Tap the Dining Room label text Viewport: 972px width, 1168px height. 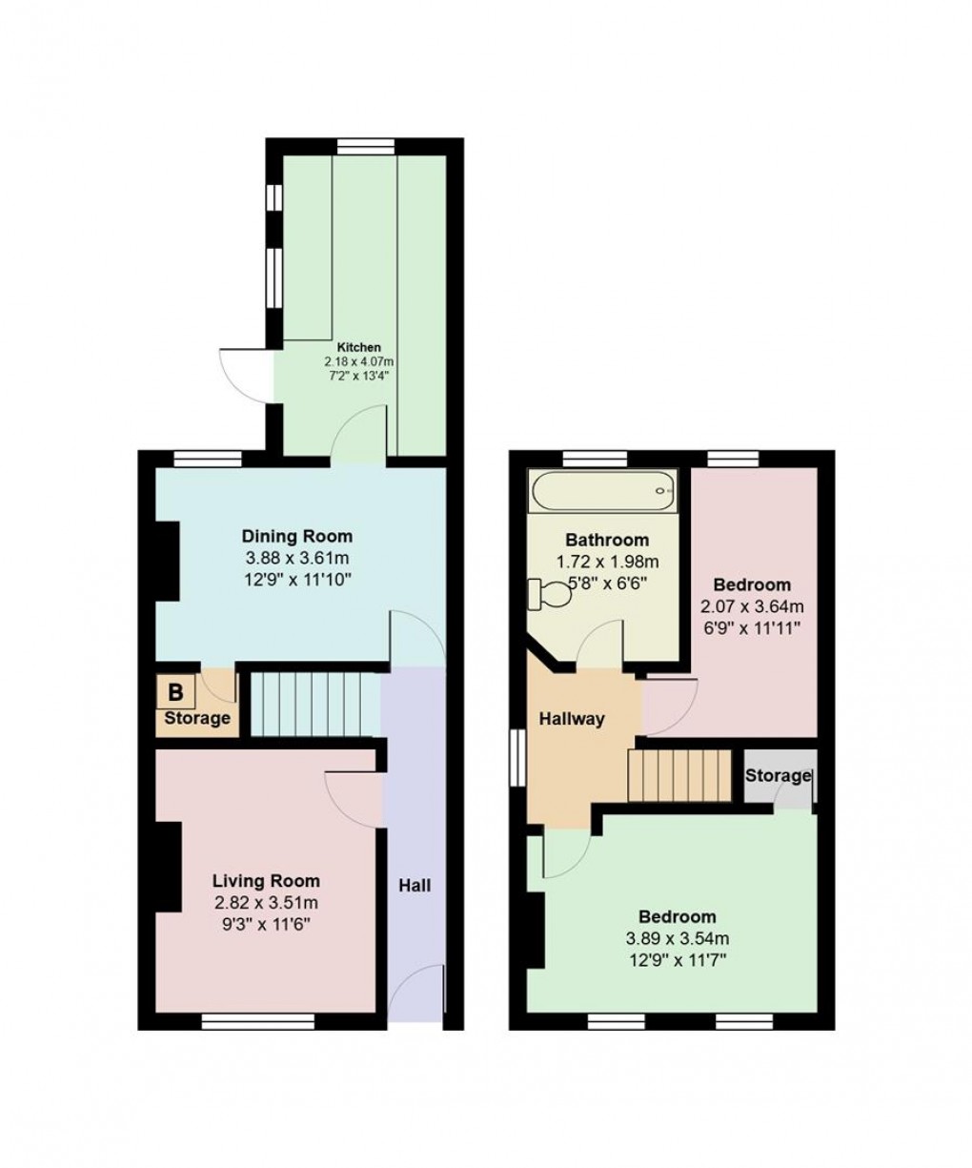[x=296, y=536]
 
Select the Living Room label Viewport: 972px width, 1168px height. [x=266, y=881]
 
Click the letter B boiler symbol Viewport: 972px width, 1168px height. [x=176, y=691]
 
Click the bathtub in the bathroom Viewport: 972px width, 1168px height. [x=603, y=491]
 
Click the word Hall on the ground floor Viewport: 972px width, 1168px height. [x=415, y=886]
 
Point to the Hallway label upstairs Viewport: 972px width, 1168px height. [x=573, y=719]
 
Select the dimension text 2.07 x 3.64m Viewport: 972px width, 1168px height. [x=753, y=606]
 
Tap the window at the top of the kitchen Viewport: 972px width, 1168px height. [x=365, y=145]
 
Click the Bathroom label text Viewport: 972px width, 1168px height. [x=607, y=541]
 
